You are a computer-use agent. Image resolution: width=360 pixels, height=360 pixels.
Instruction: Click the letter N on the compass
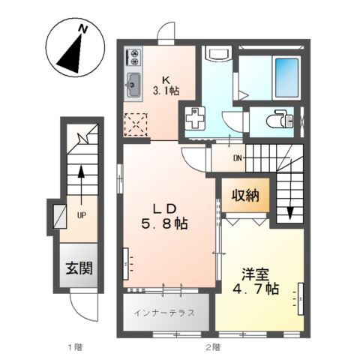(82, 29)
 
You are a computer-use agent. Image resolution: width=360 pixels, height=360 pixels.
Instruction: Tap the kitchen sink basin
(133, 85)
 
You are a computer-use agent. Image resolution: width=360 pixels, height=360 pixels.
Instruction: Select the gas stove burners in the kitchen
(133, 58)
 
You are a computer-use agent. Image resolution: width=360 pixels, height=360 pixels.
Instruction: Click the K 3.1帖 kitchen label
(166, 85)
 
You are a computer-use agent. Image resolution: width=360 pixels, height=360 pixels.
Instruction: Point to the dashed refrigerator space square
(136, 124)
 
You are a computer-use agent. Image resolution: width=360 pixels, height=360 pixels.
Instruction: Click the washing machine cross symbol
(195, 118)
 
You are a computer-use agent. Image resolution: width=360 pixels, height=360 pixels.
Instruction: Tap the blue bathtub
(286, 78)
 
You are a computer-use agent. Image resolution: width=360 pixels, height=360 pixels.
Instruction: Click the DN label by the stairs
(238, 158)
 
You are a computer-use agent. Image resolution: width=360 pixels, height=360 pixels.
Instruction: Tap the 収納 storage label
(246, 195)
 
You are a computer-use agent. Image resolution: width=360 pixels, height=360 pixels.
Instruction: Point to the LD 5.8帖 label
(165, 216)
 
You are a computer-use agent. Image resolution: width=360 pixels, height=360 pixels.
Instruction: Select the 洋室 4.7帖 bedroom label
(256, 282)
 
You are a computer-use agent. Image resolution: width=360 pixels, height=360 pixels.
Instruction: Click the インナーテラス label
(164, 313)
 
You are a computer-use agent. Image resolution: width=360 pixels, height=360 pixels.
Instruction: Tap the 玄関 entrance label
(79, 268)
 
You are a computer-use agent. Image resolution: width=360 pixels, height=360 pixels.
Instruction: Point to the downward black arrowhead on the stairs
(289, 213)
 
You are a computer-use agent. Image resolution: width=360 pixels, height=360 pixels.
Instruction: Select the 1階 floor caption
(76, 347)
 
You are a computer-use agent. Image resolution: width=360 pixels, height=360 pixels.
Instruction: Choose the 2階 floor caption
(213, 347)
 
